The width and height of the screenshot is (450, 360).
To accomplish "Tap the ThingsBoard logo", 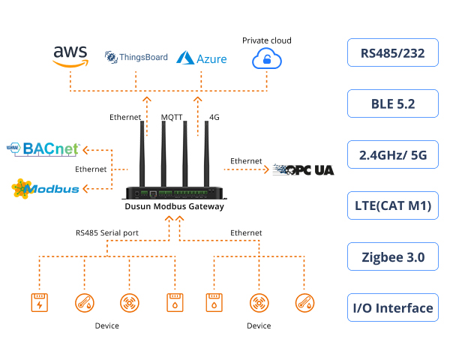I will pyautogui.click(x=136, y=56).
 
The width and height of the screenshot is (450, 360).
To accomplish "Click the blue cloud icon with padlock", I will pyautogui.click(x=266, y=58).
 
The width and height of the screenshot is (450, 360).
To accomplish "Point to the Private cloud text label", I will pyautogui.click(x=266, y=40).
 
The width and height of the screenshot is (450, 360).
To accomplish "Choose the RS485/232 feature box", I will pyautogui.click(x=392, y=53).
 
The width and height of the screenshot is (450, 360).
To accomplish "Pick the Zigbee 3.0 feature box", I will pyautogui.click(x=392, y=256).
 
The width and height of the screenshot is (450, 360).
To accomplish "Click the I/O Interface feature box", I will pyautogui.click(x=392, y=307).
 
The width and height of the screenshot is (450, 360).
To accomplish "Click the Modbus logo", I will pyautogui.click(x=46, y=187).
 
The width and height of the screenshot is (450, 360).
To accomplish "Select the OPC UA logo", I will pyautogui.click(x=303, y=169).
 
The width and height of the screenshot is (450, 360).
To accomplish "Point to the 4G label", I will pyautogui.click(x=214, y=117).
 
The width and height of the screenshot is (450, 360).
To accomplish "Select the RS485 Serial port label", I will pyautogui.click(x=107, y=233).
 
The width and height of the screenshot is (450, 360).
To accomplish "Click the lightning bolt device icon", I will pyautogui.click(x=37, y=303).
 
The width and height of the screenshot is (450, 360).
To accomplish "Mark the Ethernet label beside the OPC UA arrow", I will pyautogui.click(x=246, y=161).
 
